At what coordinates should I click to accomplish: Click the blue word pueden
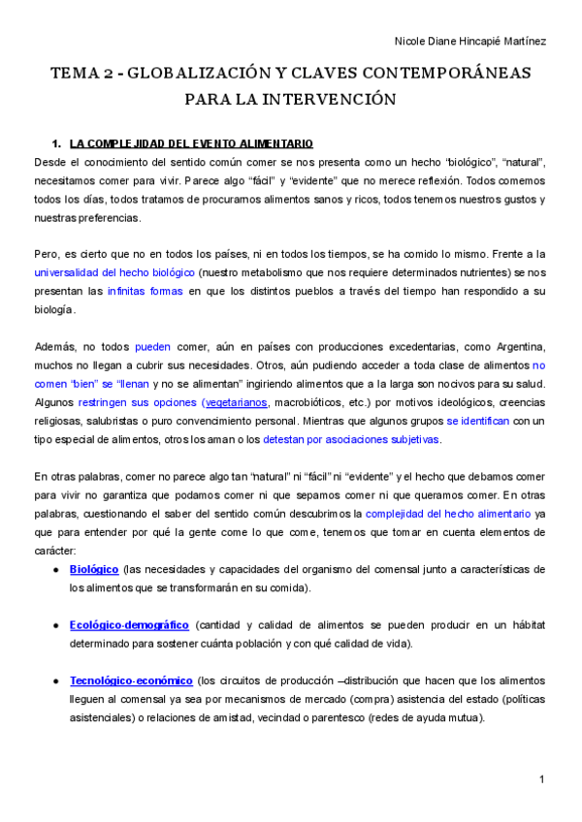[x=152, y=346]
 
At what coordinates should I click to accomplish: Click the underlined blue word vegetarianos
[x=234, y=402]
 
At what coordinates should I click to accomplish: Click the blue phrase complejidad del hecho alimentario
[x=448, y=513]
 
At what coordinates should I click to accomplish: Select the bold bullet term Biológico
[x=94, y=569]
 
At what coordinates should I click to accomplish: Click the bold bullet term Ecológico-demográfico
[x=129, y=625]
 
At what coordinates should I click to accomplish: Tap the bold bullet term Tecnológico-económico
[x=131, y=681]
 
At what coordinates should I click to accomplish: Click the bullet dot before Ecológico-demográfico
[x=56, y=626]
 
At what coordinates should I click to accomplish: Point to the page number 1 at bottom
[x=542, y=779]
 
